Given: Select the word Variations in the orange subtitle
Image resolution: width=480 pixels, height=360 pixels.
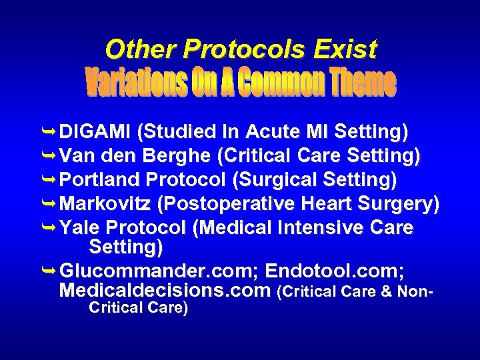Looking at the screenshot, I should pos(137,83).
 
